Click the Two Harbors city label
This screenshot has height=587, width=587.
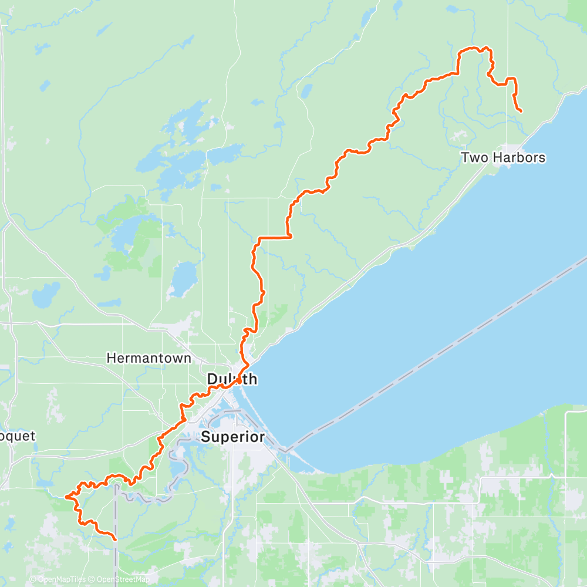[503, 157]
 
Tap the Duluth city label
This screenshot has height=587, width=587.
[232, 379]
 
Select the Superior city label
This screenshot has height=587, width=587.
[233, 437]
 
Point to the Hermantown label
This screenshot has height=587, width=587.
[149, 357]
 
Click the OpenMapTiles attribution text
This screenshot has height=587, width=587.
[61, 579]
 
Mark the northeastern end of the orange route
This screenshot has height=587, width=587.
[521, 111]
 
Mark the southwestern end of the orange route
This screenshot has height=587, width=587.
[114, 538]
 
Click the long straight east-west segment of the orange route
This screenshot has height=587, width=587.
[274, 237]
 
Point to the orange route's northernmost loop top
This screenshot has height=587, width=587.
[473, 49]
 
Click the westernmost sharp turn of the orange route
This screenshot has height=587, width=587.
[66, 497]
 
